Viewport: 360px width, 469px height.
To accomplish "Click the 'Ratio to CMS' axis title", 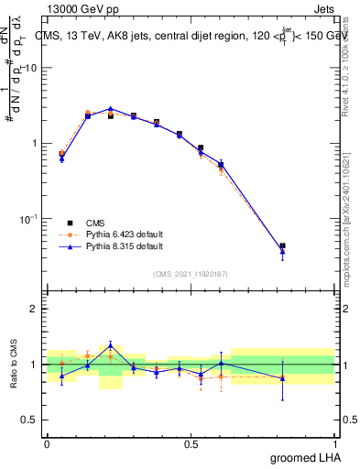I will coord(14,363).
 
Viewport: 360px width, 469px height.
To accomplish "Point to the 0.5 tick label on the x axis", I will coord(191,444).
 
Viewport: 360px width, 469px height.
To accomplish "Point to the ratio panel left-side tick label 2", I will coord(36,309).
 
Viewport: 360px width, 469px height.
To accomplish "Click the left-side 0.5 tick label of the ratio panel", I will coord(31,420).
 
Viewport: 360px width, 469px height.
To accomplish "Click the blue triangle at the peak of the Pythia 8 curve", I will coord(110,108).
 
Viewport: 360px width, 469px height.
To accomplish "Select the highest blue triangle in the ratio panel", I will coord(110,345).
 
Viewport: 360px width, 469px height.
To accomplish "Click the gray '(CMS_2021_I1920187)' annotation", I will coord(190,272).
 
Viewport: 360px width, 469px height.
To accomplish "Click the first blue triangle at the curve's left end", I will coord(61,158).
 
